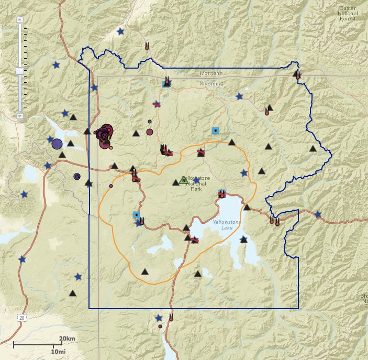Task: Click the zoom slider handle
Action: (x=20, y=71)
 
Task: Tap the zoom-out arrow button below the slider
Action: (x=20, y=115)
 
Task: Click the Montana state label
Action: (x=211, y=73)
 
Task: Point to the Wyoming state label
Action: (x=211, y=84)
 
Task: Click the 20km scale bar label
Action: (x=67, y=339)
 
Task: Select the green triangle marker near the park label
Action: (x=183, y=180)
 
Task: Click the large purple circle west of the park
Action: (x=57, y=144)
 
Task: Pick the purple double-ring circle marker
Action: (x=77, y=177)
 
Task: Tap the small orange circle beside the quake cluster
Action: (x=111, y=147)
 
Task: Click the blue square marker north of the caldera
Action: (x=215, y=130)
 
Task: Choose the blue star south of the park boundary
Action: (x=159, y=318)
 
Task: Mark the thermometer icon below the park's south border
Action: (x=171, y=317)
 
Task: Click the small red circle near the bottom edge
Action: (x=160, y=326)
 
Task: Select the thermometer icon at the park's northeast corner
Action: (x=297, y=75)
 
